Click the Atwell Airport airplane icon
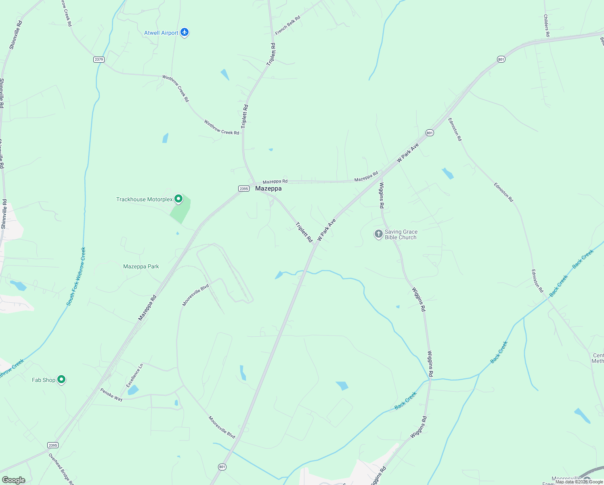coord(185,32)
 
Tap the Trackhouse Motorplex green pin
coord(178,199)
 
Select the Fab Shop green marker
coord(61,380)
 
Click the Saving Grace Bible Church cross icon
coord(378,234)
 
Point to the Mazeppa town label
coord(268,189)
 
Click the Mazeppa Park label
coord(141,267)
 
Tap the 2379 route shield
coord(99,59)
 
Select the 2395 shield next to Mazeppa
coord(243,189)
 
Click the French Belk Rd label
coord(288,25)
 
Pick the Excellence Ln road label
coord(135,375)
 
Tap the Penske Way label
coord(111,395)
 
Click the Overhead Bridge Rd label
coord(61,469)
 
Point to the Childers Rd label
coord(546,25)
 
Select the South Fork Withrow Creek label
coord(76,276)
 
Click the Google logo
coord(13,480)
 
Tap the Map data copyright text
coord(579,482)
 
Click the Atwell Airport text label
coord(161,33)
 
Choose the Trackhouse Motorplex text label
coord(144,200)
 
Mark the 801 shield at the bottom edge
coord(222,467)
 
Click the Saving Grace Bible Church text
coord(401,235)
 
